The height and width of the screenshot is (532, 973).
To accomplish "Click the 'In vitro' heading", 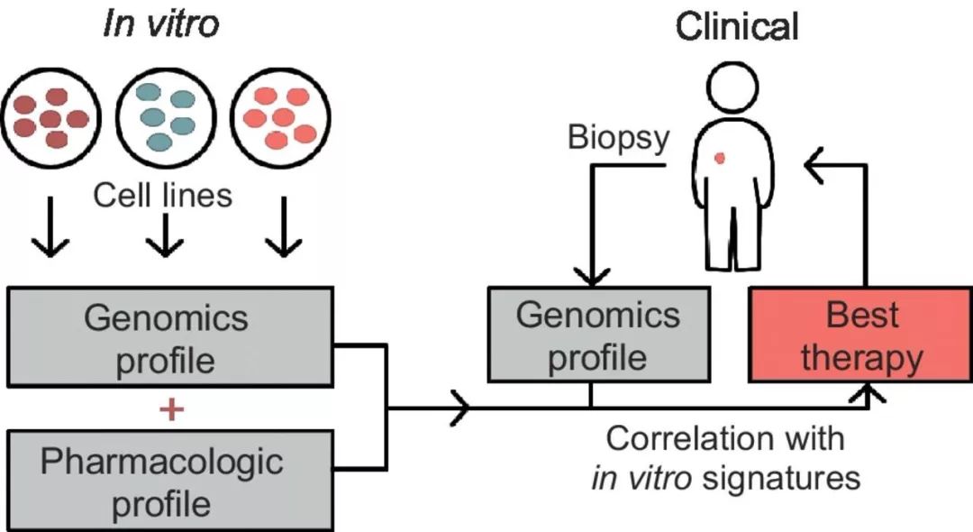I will (160, 24).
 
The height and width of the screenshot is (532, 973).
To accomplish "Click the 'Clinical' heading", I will (737, 27).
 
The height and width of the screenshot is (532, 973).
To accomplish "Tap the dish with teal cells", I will (167, 116).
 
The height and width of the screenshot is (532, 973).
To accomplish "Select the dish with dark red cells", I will (52, 116).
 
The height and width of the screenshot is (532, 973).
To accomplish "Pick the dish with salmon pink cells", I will (280, 116).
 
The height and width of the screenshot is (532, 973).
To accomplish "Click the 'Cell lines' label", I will (163, 194).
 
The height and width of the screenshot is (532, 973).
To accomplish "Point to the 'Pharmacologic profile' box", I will (169, 482).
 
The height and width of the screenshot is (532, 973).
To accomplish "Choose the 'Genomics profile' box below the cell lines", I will (169, 338).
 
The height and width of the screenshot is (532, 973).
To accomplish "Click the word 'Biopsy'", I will (619, 137).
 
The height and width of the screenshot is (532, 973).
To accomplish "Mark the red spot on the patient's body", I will (720, 159).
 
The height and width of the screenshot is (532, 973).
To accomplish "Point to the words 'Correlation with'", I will (725, 439).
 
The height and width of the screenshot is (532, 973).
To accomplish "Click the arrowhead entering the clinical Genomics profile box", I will (591, 278).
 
